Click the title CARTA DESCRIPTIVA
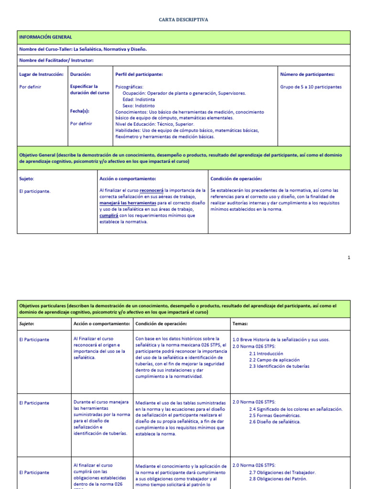[x=183, y=20]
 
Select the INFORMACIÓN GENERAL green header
[x=45, y=37]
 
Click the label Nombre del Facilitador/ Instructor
[x=56, y=60]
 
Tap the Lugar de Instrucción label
[x=41, y=74]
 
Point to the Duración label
[x=80, y=74]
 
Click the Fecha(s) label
[x=80, y=111]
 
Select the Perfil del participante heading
[x=139, y=74]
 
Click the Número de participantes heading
[x=307, y=74]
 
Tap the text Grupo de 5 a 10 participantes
[x=311, y=87]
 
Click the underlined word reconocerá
[x=151, y=191]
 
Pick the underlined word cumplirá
[x=108, y=215]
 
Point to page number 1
[x=349, y=258]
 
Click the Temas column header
[x=240, y=323]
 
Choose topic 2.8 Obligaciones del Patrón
[x=278, y=479]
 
